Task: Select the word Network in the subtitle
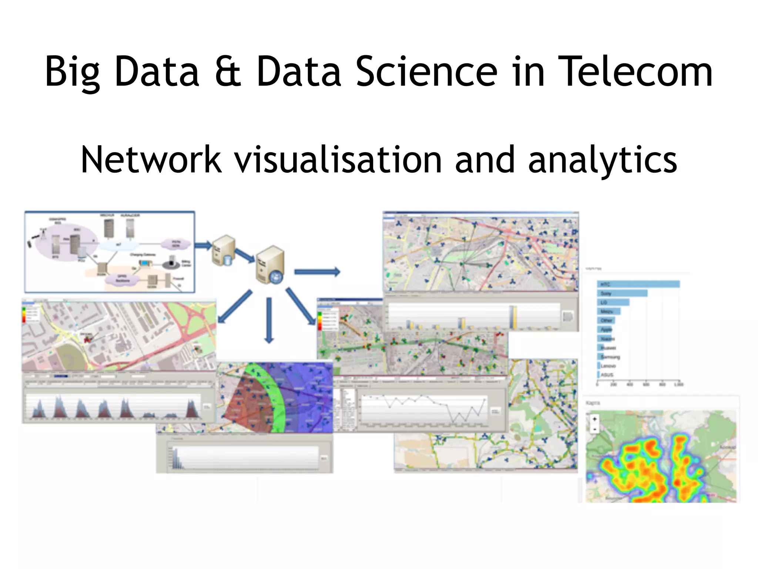(x=151, y=160)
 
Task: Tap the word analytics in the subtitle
(x=603, y=160)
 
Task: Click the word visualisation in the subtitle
(x=338, y=160)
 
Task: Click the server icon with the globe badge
(x=271, y=265)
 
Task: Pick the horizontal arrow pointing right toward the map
(x=317, y=272)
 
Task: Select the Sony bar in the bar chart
(x=622, y=293)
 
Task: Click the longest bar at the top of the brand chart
(x=638, y=284)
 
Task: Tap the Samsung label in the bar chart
(x=610, y=357)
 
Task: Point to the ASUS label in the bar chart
(x=607, y=375)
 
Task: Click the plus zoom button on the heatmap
(x=595, y=419)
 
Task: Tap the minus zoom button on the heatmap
(x=595, y=429)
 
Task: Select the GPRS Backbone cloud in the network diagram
(x=122, y=279)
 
